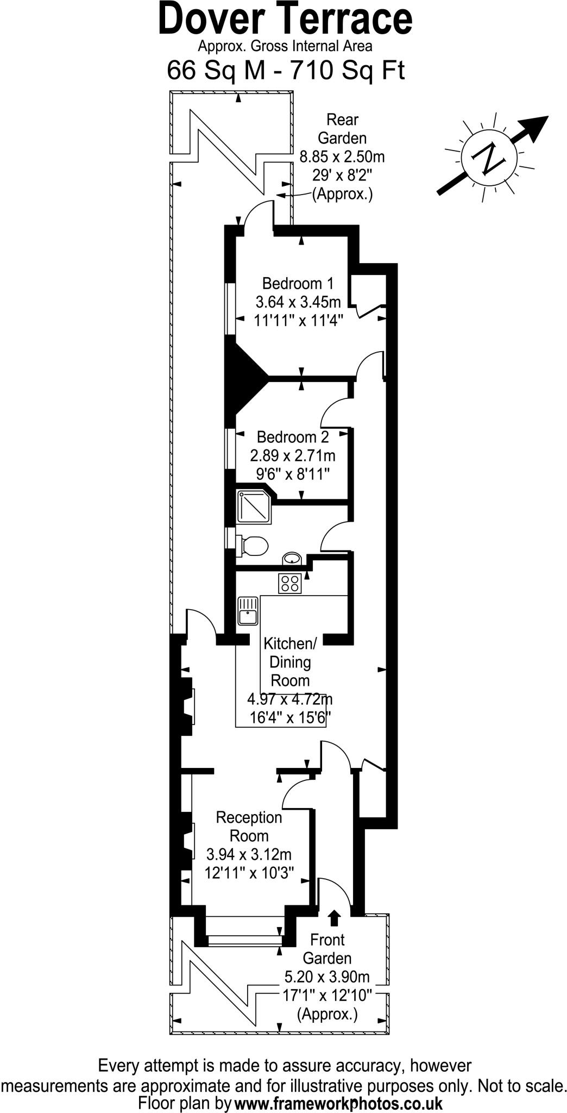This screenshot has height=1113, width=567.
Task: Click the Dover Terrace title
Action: (285, 20)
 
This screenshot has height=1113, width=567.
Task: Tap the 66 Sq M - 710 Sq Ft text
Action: (285, 71)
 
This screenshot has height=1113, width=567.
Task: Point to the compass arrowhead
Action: (538, 126)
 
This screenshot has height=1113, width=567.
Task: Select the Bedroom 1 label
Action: (297, 284)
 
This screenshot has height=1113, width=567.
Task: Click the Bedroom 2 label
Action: (293, 437)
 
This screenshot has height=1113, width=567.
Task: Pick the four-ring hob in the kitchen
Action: (290, 584)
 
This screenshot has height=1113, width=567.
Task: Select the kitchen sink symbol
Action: (248, 610)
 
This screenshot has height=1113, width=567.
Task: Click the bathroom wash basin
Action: (292, 559)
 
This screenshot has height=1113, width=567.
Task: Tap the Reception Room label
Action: (249, 826)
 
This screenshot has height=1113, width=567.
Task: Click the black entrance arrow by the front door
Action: (334, 918)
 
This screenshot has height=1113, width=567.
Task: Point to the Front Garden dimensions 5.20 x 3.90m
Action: (327, 977)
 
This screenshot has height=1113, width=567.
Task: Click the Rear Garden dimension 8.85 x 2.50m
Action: (342, 157)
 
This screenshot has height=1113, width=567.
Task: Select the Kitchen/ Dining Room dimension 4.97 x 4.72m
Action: (289, 699)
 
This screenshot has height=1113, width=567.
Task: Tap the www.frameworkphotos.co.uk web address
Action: (338, 1103)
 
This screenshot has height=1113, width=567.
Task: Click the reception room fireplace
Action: (187, 840)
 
